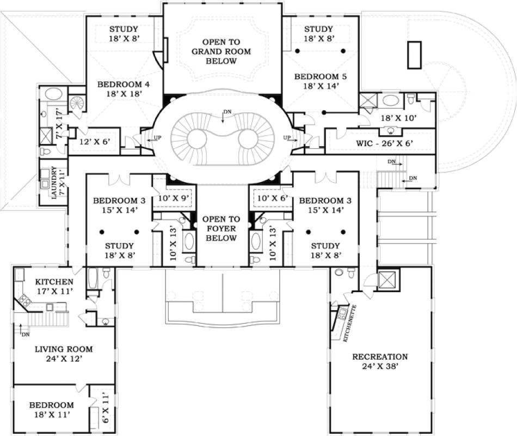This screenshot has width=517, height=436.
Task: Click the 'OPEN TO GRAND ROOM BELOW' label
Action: (221, 51)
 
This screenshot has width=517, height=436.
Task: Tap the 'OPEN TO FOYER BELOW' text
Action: (221, 229)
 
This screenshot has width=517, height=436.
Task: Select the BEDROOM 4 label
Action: (123, 89)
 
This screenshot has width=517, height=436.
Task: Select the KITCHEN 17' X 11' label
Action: (54, 287)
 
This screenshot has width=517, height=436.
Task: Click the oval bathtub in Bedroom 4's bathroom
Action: (53, 93)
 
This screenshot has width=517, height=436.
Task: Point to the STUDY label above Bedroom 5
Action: (319, 33)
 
